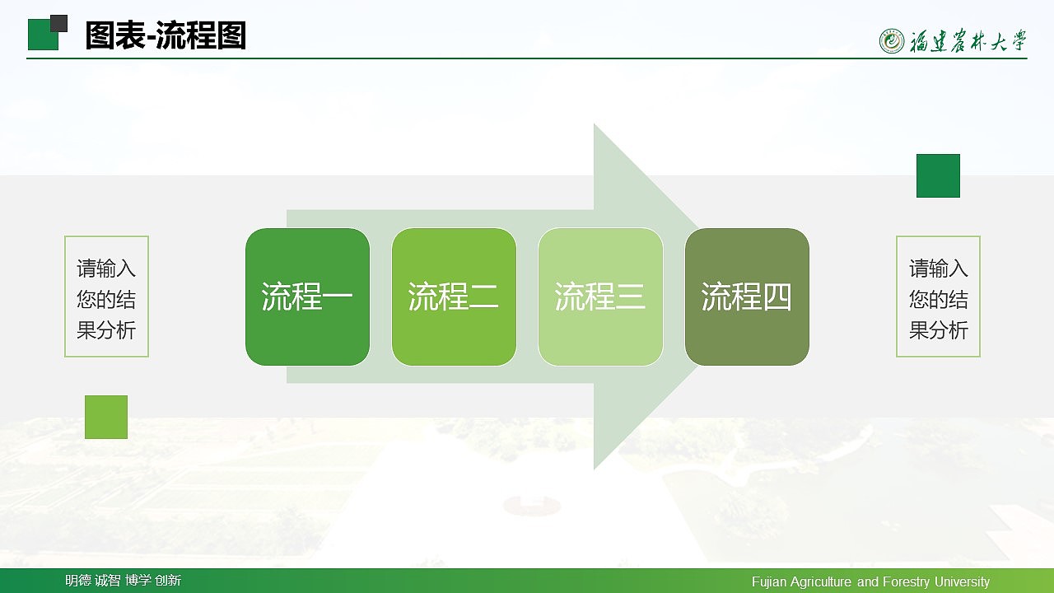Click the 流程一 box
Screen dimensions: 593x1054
coord(307,296)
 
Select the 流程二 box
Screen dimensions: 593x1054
coord(454,296)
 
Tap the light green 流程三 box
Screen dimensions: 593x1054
coord(600,296)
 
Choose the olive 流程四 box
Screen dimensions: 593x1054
coord(747,296)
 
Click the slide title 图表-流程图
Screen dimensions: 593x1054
coord(166,36)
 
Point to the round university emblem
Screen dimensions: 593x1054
coord(892,40)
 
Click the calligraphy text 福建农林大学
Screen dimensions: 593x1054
coord(968,41)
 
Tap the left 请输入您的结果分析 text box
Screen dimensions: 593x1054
coord(106,296)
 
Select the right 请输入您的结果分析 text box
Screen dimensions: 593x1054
coord(938,296)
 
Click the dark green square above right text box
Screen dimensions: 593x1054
coord(938,175)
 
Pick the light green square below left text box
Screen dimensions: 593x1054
coord(106,417)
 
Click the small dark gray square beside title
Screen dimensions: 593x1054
coord(58,23)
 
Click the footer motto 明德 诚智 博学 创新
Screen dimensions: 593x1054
coord(123,581)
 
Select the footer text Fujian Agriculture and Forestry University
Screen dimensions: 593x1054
coord(870,581)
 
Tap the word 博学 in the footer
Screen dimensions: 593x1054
coord(138,581)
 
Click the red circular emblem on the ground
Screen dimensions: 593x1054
coord(531,505)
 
